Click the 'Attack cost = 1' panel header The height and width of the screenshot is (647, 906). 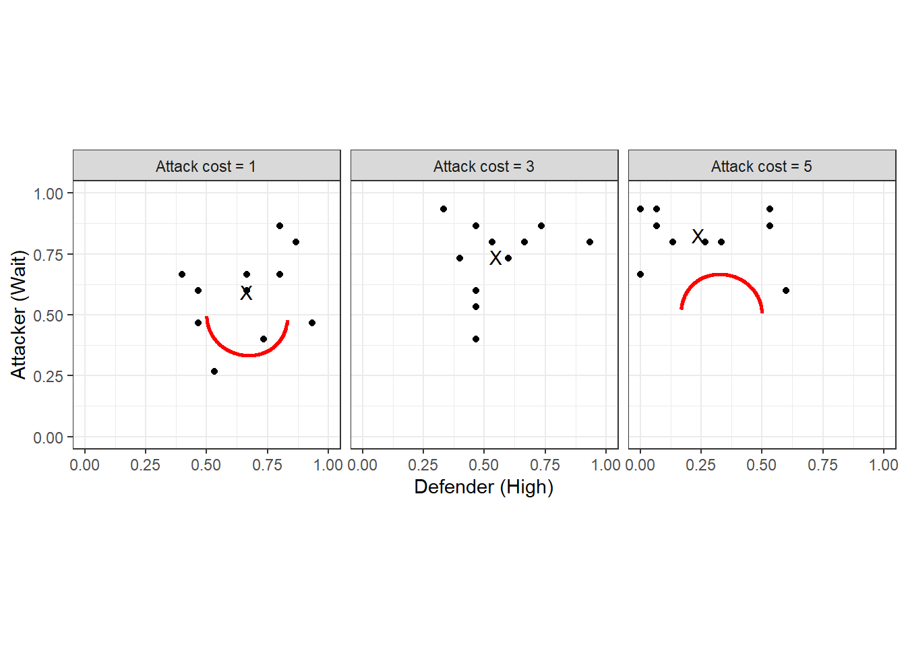point(206,166)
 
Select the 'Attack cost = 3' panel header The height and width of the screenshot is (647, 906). point(483,166)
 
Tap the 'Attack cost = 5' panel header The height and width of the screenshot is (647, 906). point(761,166)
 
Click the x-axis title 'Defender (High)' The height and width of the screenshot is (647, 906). point(483,487)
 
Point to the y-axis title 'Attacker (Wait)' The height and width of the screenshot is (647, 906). point(18,314)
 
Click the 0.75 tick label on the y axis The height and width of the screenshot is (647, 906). point(49,255)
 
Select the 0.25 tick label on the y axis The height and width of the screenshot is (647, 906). point(49,376)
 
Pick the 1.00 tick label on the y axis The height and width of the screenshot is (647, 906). point(49,194)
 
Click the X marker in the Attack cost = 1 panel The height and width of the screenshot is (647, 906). point(246,292)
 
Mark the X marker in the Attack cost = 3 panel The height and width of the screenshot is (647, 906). point(495,258)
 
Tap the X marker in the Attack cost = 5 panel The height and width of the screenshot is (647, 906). point(698,237)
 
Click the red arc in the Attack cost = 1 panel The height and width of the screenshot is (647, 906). point(248,355)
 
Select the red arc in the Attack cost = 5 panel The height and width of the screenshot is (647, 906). point(721,275)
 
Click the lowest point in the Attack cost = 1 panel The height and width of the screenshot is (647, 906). point(214,371)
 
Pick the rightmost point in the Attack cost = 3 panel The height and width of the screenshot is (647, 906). point(590,242)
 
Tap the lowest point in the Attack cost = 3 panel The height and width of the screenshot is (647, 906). point(476,339)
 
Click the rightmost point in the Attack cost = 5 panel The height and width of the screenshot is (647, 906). point(786,290)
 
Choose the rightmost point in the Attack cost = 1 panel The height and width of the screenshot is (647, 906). point(312,323)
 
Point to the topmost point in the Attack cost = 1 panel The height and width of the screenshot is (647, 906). point(280,226)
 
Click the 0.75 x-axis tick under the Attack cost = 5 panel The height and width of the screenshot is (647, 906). point(822,465)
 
